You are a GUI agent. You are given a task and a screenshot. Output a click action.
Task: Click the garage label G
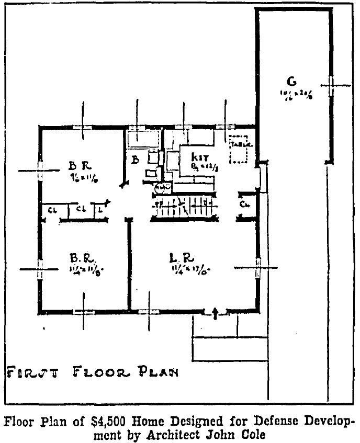[x=292, y=81]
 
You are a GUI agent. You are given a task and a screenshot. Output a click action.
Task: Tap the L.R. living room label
[x=183, y=258]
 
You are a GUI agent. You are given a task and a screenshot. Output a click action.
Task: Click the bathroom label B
[x=135, y=160]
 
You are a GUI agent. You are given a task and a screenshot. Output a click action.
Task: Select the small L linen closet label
[x=99, y=210]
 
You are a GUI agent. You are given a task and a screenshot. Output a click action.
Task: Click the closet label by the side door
[x=244, y=204]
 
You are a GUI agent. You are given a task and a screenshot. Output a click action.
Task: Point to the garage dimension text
[x=296, y=94]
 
